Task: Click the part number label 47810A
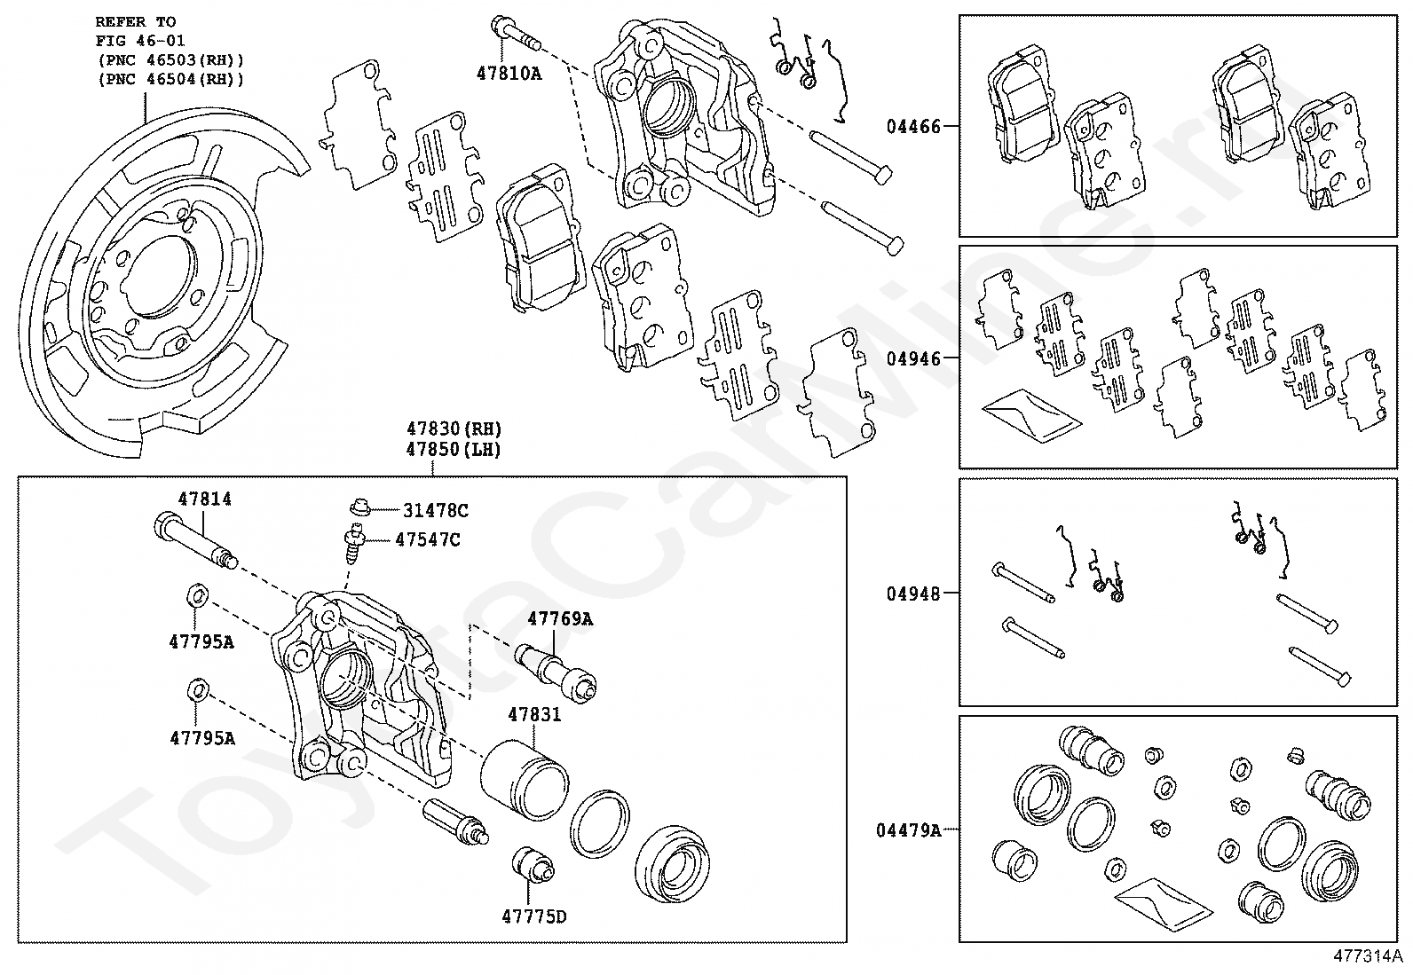(509, 74)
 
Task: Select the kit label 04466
(912, 127)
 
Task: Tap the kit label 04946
(912, 358)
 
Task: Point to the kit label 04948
(912, 594)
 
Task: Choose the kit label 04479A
(908, 830)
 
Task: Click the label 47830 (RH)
(454, 429)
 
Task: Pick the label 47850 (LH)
(454, 450)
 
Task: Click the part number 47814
(204, 499)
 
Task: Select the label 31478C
(435, 510)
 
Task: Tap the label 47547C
(428, 540)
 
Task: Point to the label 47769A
(560, 618)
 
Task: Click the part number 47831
(534, 714)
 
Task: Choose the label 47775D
(533, 916)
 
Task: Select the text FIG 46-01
(140, 41)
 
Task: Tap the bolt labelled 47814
(196, 541)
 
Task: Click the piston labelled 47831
(524, 780)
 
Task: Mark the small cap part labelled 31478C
(359, 506)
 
